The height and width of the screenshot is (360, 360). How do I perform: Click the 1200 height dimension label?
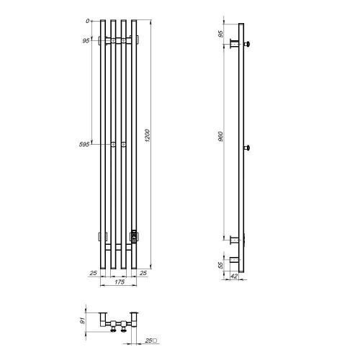point(148,136)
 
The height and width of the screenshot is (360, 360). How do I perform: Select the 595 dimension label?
point(84,145)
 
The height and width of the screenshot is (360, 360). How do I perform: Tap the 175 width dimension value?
point(120,282)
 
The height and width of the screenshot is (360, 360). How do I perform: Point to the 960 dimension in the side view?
point(220,136)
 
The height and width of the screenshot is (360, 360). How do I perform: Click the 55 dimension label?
point(220,266)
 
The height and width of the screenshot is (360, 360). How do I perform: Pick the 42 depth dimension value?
point(234,276)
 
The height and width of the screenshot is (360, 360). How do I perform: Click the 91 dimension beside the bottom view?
point(82,320)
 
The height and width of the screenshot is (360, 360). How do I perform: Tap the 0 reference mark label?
point(88,21)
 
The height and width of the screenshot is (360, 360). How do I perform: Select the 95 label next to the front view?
point(86,41)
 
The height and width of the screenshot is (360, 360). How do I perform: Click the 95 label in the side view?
point(220,34)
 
